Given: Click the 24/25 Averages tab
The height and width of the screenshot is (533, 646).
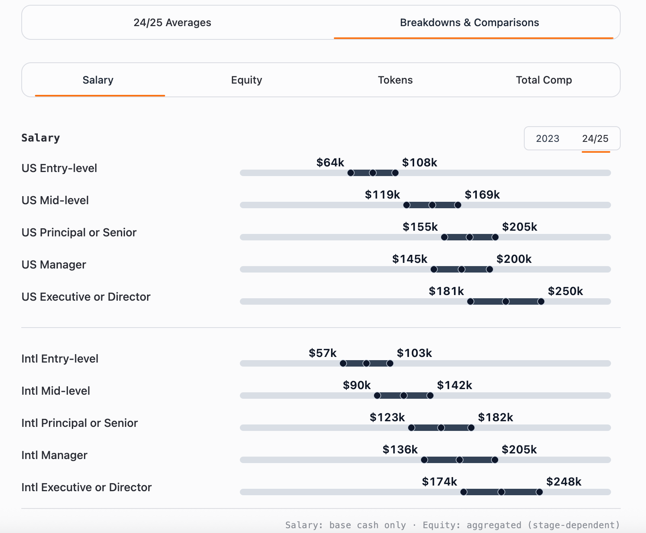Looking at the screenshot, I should tap(172, 23).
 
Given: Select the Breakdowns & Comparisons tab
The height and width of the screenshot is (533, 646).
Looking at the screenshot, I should tap(469, 23).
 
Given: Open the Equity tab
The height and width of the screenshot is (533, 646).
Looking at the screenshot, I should tap(246, 80).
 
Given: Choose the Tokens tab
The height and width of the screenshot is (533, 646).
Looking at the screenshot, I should tap(395, 80).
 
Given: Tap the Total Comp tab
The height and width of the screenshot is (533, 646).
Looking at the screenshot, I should tap(544, 80).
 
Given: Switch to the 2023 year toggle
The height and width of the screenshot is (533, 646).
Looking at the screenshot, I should tap(547, 139).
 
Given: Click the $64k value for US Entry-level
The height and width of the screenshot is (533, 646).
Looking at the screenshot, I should tap(330, 162).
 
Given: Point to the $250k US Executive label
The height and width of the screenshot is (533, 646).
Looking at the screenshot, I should tap(565, 291).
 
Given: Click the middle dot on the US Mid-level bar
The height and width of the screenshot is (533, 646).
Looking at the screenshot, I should tap(432, 205).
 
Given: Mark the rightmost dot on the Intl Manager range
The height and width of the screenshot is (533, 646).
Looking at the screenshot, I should tap(495, 460).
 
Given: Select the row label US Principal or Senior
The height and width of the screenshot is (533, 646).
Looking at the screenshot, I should tap(79, 232).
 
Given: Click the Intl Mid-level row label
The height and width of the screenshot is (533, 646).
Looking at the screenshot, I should tap(56, 391).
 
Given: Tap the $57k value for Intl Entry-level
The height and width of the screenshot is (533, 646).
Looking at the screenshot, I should tap(322, 353).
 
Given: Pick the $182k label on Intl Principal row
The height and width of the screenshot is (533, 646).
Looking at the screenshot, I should tap(495, 417).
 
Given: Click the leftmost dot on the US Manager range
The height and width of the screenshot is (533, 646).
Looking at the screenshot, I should tap(434, 269).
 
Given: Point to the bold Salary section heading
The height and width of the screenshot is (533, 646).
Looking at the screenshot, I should tap(41, 138).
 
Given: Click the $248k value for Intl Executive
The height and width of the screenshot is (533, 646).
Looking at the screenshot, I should tap(563, 482).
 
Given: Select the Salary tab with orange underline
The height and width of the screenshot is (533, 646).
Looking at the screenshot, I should tap(98, 80).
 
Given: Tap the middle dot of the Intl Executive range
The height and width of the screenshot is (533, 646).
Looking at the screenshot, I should tap(501, 492).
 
